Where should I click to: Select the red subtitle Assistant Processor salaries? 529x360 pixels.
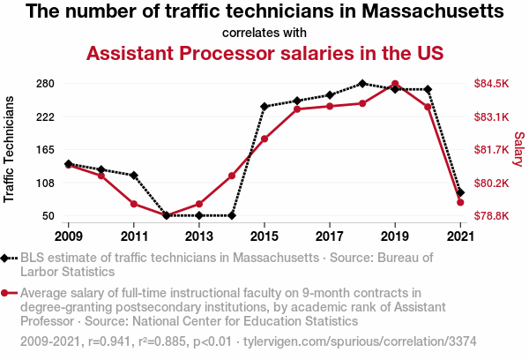click(x=264, y=53)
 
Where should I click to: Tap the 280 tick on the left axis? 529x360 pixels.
click(x=46, y=84)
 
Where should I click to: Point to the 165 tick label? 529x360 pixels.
click(x=46, y=150)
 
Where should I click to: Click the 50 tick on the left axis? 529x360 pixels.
click(x=48, y=216)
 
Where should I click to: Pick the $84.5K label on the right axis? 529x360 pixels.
click(x=492, y=84)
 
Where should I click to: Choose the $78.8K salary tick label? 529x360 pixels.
click(x=492, y=216)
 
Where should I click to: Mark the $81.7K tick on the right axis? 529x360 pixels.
click(x=492, y=150)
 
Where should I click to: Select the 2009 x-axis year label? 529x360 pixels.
click(x=69, y=236)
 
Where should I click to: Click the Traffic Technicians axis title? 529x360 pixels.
click(x=10, y=150)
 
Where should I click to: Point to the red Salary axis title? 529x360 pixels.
click(x=518, y=150)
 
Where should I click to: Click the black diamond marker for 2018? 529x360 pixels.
click(x=362, y=83)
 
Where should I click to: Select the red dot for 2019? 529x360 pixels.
click(x=395, y=84)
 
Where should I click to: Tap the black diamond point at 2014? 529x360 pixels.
click(x=232, y=215)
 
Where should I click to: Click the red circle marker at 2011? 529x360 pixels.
click(x=134, y=204)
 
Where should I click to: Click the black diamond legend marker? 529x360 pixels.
click(x=8, y=258)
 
